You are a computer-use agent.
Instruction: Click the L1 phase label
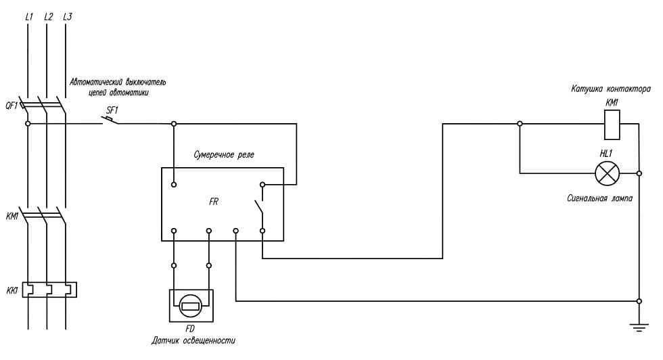[x=28, y=16]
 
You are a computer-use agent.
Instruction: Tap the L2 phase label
[x=47, y=16]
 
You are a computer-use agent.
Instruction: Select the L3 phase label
[x=66, y=16]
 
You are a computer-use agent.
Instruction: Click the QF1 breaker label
[x=11, y=105]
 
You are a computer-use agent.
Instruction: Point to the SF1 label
[x=112, y=110]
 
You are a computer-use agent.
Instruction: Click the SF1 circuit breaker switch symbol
[x=110, y=121]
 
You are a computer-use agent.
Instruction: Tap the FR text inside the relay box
[x=213, y=202]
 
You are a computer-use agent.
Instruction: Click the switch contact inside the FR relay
[x=258, y=206]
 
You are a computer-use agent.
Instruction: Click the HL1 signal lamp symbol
[x=606, y=174]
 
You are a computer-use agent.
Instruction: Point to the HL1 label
[x=606, y=153]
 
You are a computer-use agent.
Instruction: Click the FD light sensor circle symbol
[x=191, y=306]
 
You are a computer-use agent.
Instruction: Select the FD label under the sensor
[x=191, y=330]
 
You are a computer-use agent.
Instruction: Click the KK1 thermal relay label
[x=12, y=290]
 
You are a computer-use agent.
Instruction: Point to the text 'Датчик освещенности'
[x=193, y=340]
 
